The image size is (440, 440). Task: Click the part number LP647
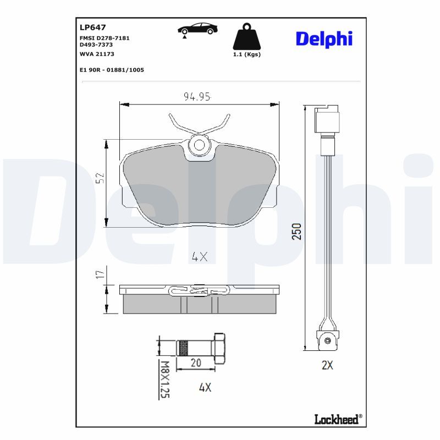[93, 28]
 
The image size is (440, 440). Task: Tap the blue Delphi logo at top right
[324, 38]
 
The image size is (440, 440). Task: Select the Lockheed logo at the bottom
[338, 419]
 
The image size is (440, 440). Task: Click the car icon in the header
[197, 29]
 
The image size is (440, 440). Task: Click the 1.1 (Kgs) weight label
[247, 54]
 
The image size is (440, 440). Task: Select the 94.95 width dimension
[197, 97]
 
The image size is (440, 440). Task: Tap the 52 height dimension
[100, 178]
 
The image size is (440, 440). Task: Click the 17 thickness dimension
[100, 273]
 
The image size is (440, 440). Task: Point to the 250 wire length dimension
[296, 232]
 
